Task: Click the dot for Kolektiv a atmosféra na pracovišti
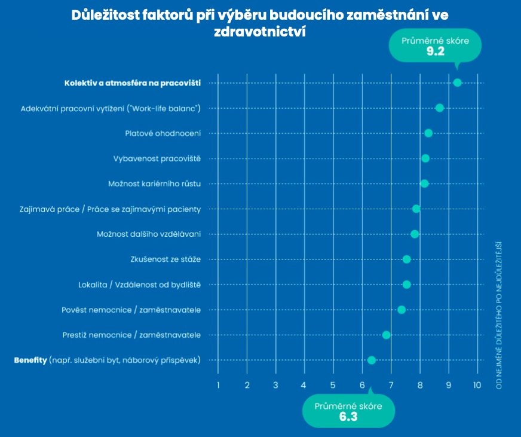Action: coord(457,82)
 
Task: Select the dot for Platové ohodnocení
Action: coord(428,133)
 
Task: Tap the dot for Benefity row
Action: coord(372,360)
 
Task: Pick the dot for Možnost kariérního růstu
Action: coord(424,184)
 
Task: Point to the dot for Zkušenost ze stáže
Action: coord(407,259)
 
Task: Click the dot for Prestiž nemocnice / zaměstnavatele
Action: coord(386,335)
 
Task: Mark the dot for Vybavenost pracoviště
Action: coord(425,158)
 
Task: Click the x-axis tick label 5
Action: coord(333,385)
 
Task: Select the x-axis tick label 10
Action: coord(477,385)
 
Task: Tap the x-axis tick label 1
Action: coord(218,385)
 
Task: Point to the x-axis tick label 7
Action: coord(391,385)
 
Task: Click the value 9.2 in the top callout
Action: coord(435,51)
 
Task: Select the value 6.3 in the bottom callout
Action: coord(348,417)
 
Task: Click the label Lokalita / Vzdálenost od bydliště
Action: coord(139,285)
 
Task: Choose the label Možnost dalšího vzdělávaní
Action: coord(148,234)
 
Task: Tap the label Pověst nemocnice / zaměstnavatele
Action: coord(131,310)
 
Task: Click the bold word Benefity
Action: coord(30,360)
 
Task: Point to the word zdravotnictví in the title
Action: coord(260,32)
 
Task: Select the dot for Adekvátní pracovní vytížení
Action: coord(440,108)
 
